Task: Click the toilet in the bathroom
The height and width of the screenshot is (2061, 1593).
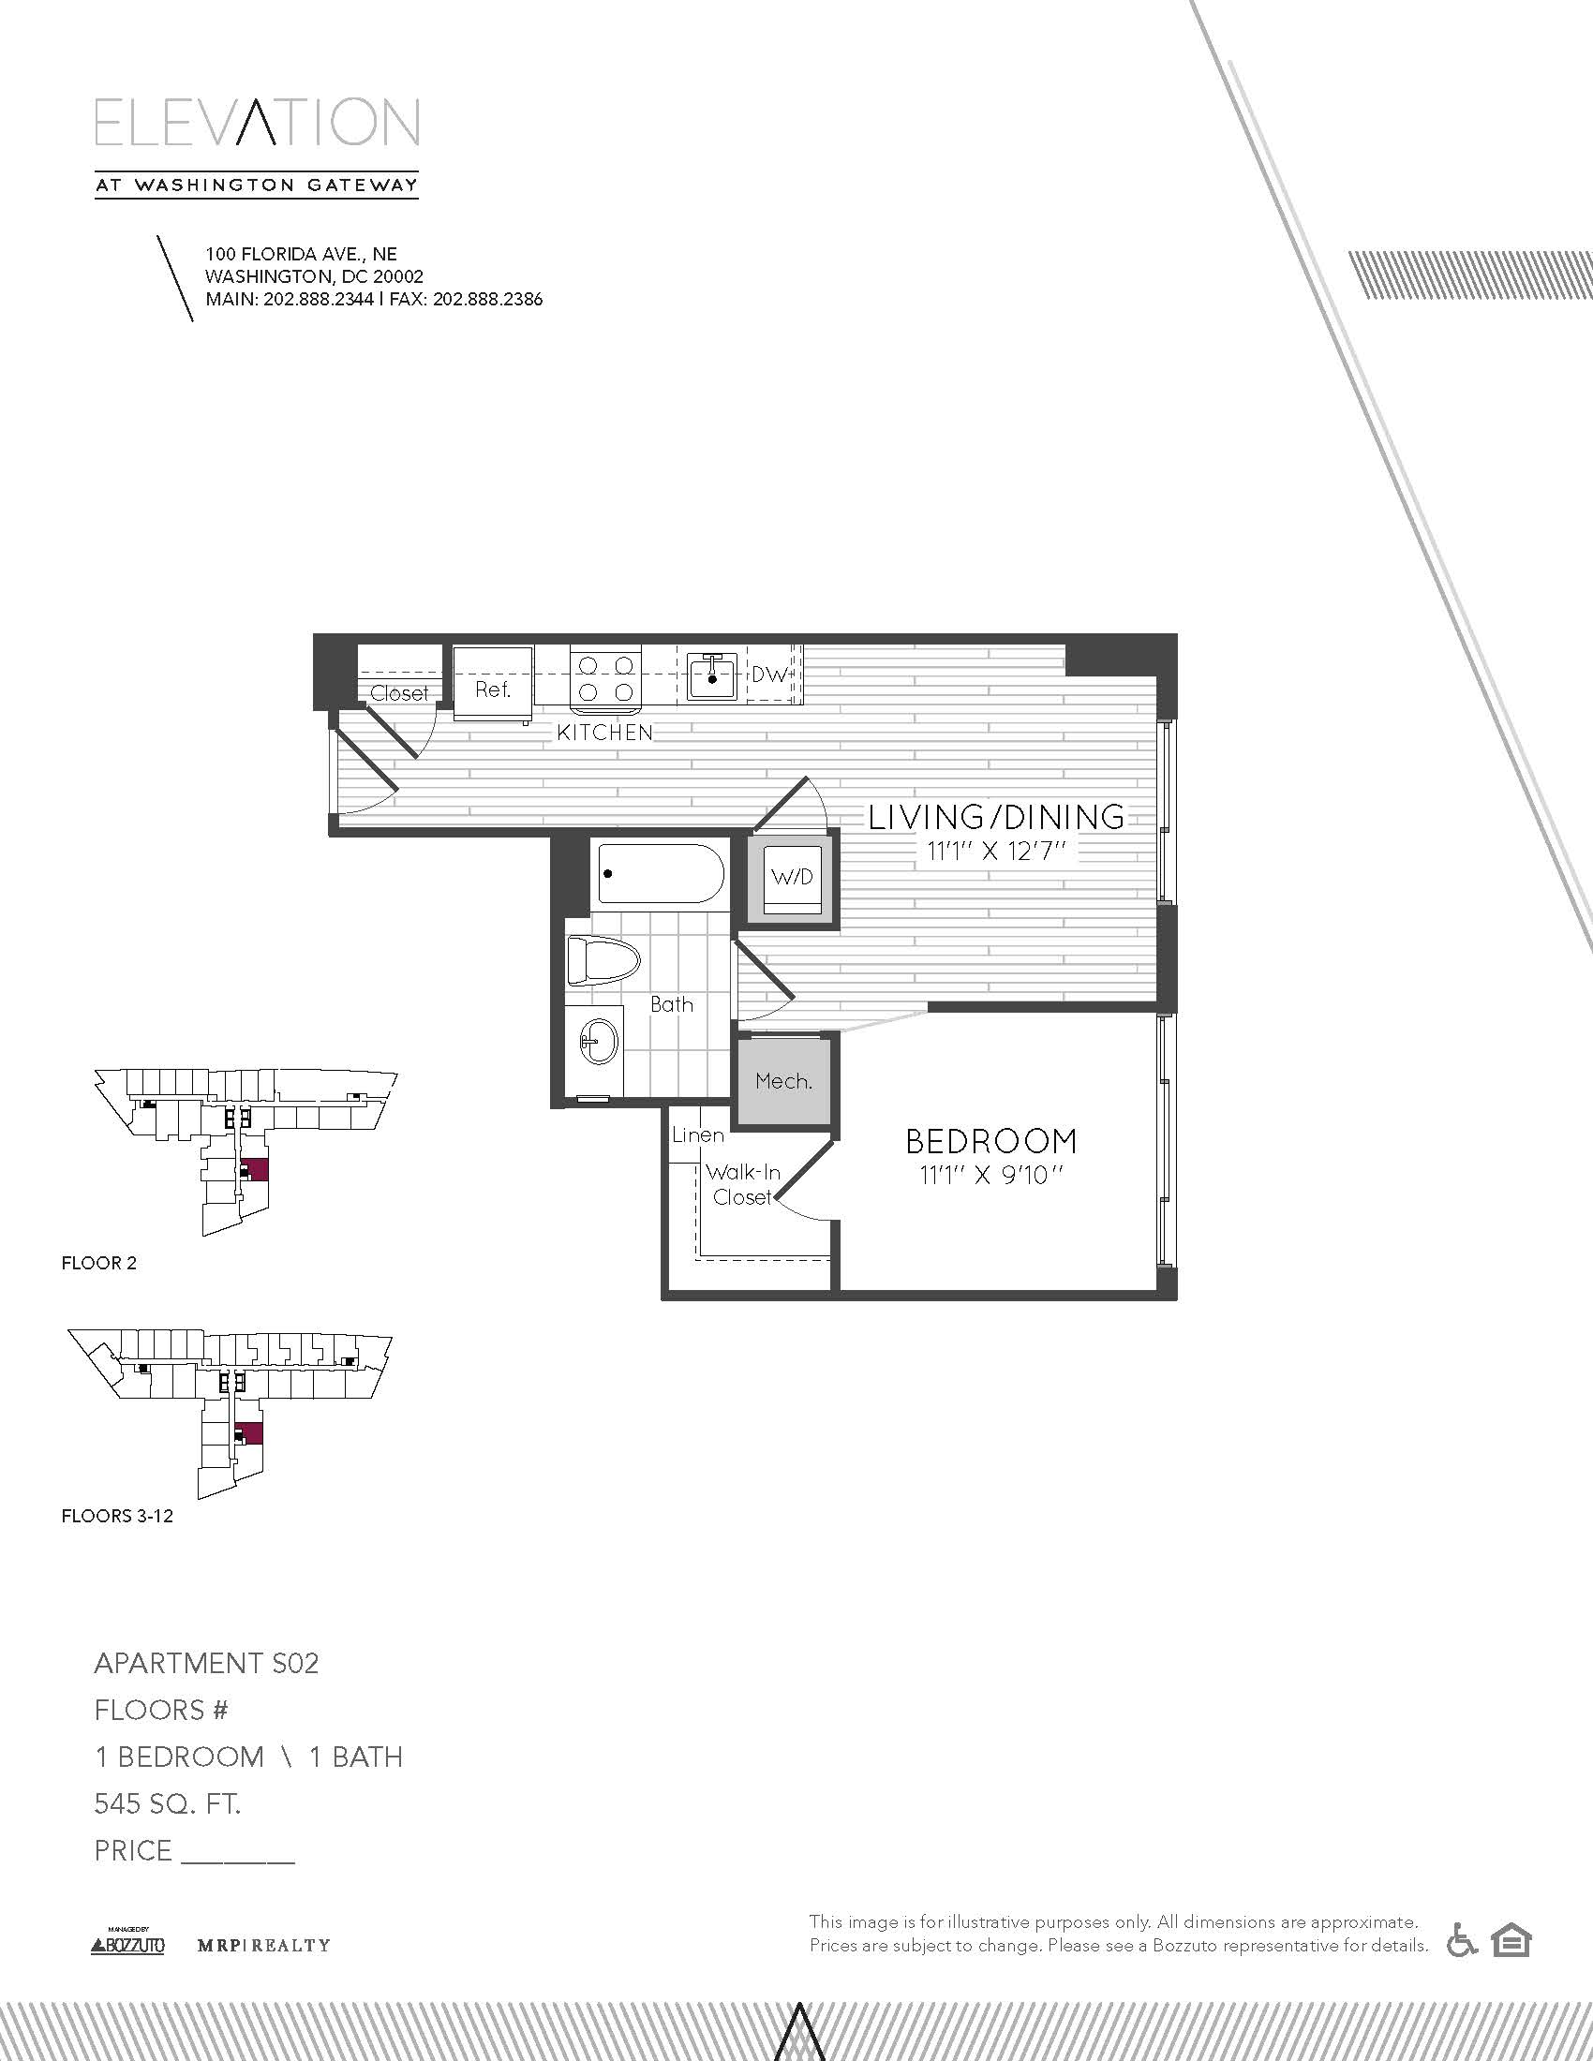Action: (603, 961)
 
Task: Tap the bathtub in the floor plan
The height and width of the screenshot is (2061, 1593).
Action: (661, 874)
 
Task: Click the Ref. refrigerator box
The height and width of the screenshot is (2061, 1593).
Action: (493, 683)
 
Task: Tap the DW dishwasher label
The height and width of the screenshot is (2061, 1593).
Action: (770, 675)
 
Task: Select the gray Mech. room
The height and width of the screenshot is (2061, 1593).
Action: (784, 1081)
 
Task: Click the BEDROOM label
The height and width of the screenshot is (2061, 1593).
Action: (990, 1141)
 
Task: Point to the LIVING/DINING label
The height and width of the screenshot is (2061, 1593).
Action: (997, 816)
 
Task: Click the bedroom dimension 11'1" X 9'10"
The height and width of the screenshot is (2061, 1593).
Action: (990, 1176)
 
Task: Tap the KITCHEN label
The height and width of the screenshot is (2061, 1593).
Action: (605, 733)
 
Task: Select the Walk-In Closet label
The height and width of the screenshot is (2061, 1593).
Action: (744, 1184)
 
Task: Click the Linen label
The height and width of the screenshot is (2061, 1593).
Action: (698, 1134)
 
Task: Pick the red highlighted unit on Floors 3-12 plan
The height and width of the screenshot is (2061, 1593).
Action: (250, 1433)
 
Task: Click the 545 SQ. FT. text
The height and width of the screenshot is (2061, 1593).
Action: (168, 1803)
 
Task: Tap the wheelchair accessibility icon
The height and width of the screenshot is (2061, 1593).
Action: (1462, 1940)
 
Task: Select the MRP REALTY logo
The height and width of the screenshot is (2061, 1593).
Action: (263, 1945)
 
